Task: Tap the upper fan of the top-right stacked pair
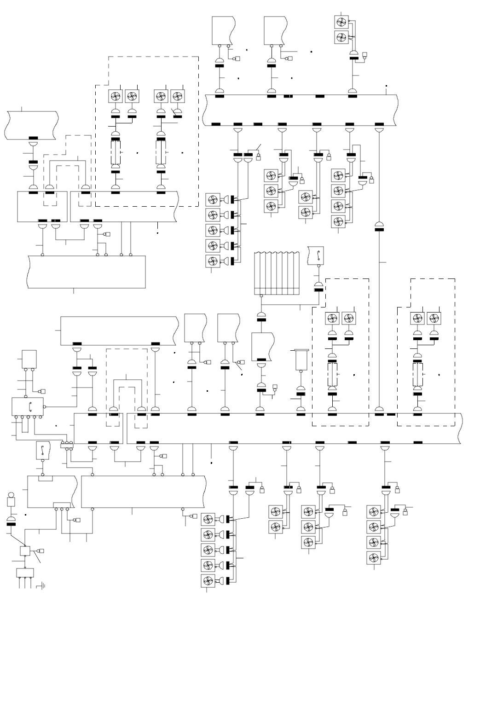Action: coord(342,22)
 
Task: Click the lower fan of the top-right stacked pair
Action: coord(342,37)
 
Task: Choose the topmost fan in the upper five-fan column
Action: coord(213,199)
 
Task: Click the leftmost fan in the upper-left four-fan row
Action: coord(115,97)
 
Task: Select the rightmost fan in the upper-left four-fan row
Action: coord(178,97)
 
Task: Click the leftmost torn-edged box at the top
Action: coord(223,30)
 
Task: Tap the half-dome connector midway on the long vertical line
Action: coord(379,225)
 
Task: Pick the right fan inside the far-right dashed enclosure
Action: coord(434,319)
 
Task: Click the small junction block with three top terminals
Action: coord(67,444)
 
